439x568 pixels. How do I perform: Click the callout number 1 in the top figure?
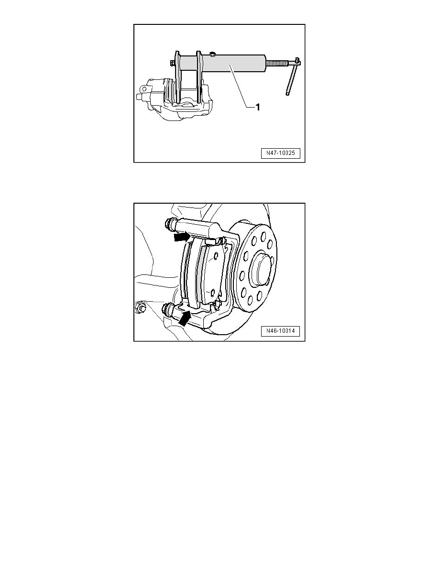[x=257, y=108]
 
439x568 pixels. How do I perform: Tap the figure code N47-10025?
[x=280, y=153]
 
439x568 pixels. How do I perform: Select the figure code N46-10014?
[x=280, y=332]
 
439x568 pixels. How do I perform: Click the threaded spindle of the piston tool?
[x=280, y=62]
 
